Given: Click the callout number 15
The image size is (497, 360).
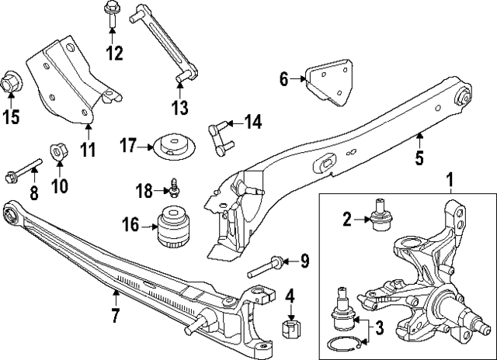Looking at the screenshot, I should pos(11,118).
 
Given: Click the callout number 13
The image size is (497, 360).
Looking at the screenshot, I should pos(180,106).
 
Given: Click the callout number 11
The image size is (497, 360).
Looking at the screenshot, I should pos(89,148).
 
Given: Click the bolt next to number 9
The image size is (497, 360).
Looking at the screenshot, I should pos(266,267).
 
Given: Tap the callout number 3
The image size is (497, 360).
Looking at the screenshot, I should pos(379,328).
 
